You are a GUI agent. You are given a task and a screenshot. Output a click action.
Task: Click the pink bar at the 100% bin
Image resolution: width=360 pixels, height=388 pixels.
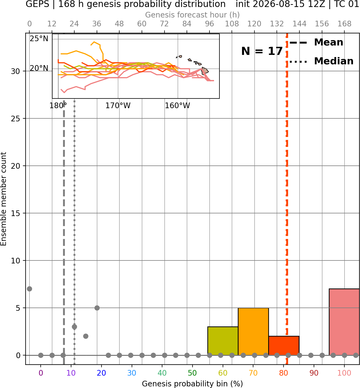pos(344,322)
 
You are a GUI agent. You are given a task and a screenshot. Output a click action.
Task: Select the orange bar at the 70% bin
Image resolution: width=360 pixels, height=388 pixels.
pos(253,331)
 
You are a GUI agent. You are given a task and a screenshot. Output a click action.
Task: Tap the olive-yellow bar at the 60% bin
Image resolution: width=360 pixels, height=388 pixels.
pos(223,341)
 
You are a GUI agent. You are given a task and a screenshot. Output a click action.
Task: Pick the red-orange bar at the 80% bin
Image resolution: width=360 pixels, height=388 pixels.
pos(284,345)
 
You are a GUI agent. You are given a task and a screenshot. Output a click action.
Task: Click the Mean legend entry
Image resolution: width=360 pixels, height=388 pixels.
pos(316,43)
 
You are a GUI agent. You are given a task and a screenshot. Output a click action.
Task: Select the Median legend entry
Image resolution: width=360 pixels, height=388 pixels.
pos(321,61)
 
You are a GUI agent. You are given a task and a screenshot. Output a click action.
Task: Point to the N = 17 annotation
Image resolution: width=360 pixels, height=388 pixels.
pos(262,51)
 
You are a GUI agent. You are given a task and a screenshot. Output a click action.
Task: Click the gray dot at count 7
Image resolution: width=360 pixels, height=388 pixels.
pos(30,289)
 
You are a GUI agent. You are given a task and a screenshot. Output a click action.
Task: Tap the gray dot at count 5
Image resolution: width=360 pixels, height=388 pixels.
pos(97,308)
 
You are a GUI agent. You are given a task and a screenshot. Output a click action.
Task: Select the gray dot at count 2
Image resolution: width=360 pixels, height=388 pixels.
pos(86,336)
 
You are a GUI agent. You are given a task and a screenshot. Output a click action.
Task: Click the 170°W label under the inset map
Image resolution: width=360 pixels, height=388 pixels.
pos(118,106)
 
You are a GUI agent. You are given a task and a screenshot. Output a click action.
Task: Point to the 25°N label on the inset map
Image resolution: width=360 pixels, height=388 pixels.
pos(39,39)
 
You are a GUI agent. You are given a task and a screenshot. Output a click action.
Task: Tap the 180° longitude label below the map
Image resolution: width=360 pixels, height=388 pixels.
pos(58,106)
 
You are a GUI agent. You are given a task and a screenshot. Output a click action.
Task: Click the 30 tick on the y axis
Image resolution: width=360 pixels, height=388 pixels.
pos(15,71)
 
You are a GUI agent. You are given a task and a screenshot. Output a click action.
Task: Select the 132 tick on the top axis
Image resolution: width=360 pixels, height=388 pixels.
pos(277,24)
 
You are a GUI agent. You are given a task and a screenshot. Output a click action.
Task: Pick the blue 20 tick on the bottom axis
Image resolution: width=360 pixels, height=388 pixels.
pos(101,373)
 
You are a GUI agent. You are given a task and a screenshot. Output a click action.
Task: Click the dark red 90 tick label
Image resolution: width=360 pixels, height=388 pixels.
pos(314,373)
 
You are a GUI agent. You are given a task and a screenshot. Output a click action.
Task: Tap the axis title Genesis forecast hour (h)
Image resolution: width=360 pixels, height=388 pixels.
pos(193,15)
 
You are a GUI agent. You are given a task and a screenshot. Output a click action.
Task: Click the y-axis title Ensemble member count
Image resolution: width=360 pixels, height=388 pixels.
pos(3,199)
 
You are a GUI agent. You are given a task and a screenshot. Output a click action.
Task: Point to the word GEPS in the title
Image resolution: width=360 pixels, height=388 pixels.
pos(37,4)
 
